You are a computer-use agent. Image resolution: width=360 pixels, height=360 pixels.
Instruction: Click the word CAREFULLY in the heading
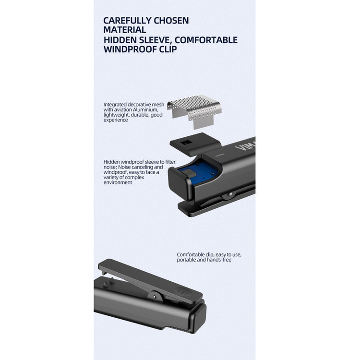coord(127,21)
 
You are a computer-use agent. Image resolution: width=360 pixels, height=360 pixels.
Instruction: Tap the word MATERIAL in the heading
coord(125,30)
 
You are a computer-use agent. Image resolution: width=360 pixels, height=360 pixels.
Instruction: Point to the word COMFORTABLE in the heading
coord(206,40)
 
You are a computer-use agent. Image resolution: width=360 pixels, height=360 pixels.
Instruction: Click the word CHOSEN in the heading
coord(171,21)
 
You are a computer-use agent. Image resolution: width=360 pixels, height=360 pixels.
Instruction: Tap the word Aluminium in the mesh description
coord(145,110)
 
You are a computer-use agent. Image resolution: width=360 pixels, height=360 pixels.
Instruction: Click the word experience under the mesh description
coord(116,120)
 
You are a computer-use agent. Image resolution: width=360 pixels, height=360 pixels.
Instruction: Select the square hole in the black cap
coord(185,143)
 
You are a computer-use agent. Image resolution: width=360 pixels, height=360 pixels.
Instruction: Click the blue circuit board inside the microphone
coord(197,171)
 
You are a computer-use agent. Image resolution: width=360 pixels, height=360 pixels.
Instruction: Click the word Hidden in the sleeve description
coord(111,162)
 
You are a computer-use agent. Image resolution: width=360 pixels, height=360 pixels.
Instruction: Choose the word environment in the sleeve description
coord(118,182)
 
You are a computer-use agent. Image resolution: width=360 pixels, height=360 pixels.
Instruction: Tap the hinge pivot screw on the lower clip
coord(155,297)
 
